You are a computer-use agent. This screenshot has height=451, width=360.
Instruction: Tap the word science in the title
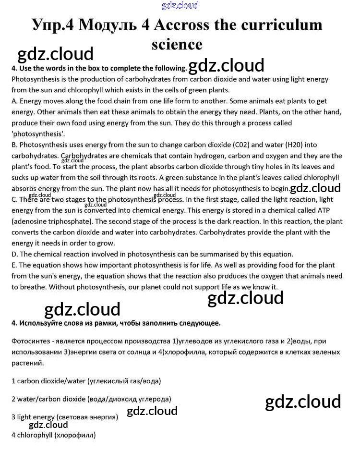[x=177, y=44]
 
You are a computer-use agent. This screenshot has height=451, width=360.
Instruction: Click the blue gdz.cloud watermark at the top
[x=180, y=6]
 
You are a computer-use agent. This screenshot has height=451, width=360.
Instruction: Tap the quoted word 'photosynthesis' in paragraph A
[x=38, y=134]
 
